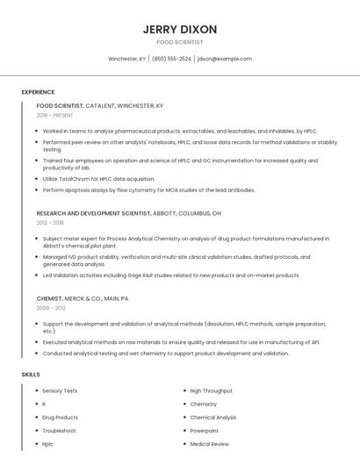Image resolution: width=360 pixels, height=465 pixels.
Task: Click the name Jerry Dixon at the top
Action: click(180, 29)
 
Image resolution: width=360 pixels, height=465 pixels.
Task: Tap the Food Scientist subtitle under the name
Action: click(180, 42)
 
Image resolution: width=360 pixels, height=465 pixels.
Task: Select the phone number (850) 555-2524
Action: click(171, 59)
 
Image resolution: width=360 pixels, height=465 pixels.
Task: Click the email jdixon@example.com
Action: click(225, 59)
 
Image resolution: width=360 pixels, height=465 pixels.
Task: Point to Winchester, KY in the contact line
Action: click(127, 59)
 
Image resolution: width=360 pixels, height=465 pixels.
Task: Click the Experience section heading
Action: click(38, 92)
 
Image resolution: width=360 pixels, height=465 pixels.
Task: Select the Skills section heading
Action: click(31, 375)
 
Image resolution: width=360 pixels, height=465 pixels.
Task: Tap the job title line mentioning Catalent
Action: click(99, 105)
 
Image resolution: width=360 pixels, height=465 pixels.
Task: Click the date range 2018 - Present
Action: click(56, 115)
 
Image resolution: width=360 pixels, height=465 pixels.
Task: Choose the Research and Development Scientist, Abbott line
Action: click(128, 213)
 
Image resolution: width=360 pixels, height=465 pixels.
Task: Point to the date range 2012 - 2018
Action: click(50, 223)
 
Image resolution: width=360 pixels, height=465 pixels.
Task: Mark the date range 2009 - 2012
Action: click(50, 308)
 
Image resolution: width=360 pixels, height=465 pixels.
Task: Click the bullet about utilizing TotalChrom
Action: click(99, 178)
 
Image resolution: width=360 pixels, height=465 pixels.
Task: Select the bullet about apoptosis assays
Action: click(148, 190)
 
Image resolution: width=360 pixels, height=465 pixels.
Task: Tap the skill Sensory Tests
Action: click(60, 390)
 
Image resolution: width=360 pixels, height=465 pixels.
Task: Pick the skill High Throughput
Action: click(211, 390)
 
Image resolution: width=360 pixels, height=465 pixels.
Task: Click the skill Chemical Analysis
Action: click(212, 418)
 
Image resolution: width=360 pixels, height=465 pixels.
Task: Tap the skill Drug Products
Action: click(60, 418)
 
